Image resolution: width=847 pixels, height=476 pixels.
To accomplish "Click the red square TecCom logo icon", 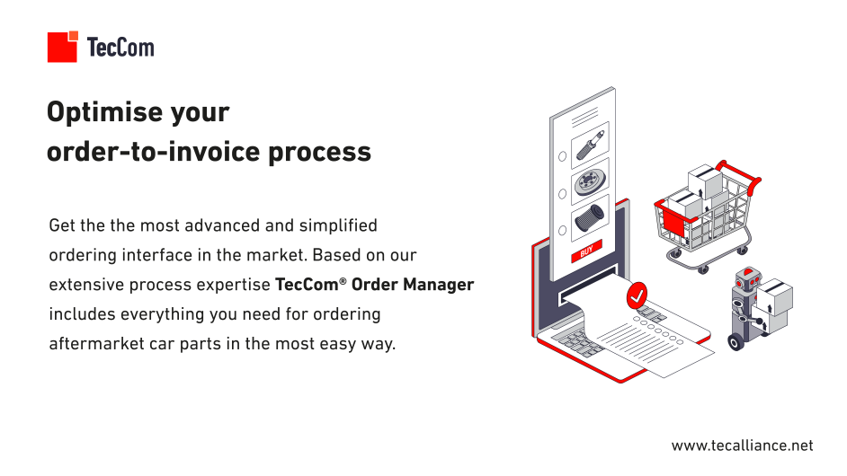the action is click(63, 47).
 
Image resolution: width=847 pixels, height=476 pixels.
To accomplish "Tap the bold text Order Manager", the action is click(413, 285).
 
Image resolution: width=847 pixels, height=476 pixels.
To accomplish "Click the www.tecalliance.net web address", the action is click(742, 445).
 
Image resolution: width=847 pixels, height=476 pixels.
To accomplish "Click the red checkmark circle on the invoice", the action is click(637, 295).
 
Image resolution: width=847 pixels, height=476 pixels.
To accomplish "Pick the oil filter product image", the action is click(589, 217).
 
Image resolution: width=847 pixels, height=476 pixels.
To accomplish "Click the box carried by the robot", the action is click(774, 296).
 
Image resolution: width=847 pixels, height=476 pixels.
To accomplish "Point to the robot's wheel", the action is click(736, 342).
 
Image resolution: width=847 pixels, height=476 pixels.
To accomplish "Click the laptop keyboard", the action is click(576, 343).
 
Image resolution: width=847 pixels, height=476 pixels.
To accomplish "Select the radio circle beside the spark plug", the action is click(562, 156).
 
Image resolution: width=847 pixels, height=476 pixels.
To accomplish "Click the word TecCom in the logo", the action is click(120, 47).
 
